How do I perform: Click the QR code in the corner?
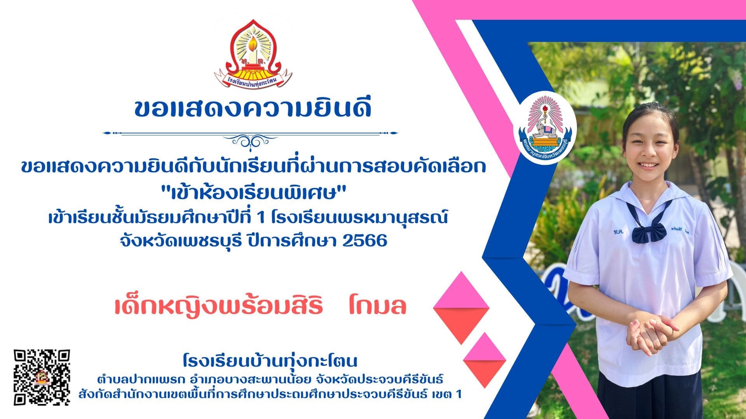(42, 377)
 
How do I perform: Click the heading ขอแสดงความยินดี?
(253, 108)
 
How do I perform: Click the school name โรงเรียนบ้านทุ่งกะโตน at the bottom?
(270, 361)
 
